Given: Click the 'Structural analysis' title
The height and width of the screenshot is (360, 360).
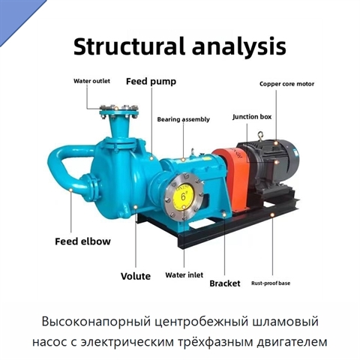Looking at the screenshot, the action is point(180,46).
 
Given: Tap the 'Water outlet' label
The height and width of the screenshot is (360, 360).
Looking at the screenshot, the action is point(91,81).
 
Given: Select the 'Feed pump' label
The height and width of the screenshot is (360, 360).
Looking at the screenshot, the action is point(151,82).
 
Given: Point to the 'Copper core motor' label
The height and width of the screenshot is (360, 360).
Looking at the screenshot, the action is point(286,84).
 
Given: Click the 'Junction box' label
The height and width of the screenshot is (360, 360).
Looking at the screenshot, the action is point(252,117).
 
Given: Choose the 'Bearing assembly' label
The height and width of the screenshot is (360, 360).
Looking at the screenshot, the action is point(183,119).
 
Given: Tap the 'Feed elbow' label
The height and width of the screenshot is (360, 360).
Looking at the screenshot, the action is point(82,241).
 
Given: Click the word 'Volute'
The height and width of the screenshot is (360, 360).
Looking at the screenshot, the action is point(136,276).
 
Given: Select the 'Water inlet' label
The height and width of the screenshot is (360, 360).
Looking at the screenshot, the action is point(184,275).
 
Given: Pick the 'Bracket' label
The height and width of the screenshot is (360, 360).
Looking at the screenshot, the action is point(225,283).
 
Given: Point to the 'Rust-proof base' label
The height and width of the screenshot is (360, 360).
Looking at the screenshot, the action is point(271,283).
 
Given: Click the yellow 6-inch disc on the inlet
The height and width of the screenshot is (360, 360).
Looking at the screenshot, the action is point(183,196).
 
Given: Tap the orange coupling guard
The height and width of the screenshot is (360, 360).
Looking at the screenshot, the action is point(231,176).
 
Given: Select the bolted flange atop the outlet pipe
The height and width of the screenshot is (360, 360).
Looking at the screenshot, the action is point(118,111).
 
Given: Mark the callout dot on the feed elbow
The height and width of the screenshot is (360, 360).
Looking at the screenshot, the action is point(70,190).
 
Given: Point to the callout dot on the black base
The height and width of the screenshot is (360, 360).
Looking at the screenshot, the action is point(272,214).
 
